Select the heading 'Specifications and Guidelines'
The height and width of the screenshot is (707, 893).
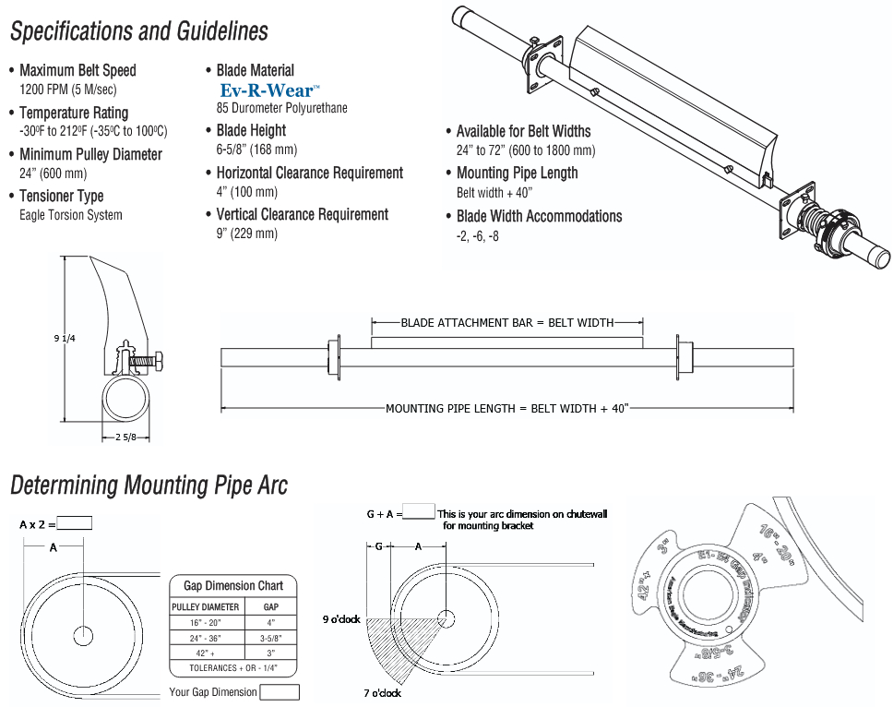point(138,31)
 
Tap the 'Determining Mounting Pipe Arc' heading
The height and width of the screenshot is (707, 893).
point(149,485)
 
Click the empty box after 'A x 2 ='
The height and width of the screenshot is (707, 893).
point(75,523)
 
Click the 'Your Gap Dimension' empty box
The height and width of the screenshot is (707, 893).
point(280,692)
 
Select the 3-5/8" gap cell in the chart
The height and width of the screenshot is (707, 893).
point(271,637)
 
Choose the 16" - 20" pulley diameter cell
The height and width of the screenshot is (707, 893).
point(206,622)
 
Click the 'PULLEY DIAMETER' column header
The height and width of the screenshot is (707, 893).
point(206,606)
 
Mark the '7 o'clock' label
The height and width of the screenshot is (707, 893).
point(383,692)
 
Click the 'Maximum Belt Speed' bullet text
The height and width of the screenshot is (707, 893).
point(77,70)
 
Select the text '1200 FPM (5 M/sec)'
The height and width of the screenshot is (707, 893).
point(68,90)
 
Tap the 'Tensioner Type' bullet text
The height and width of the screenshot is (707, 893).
point(62,196)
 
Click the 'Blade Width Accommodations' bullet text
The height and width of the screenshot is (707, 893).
point(539,216)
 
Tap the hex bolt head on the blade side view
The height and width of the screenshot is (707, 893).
point(159,362)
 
